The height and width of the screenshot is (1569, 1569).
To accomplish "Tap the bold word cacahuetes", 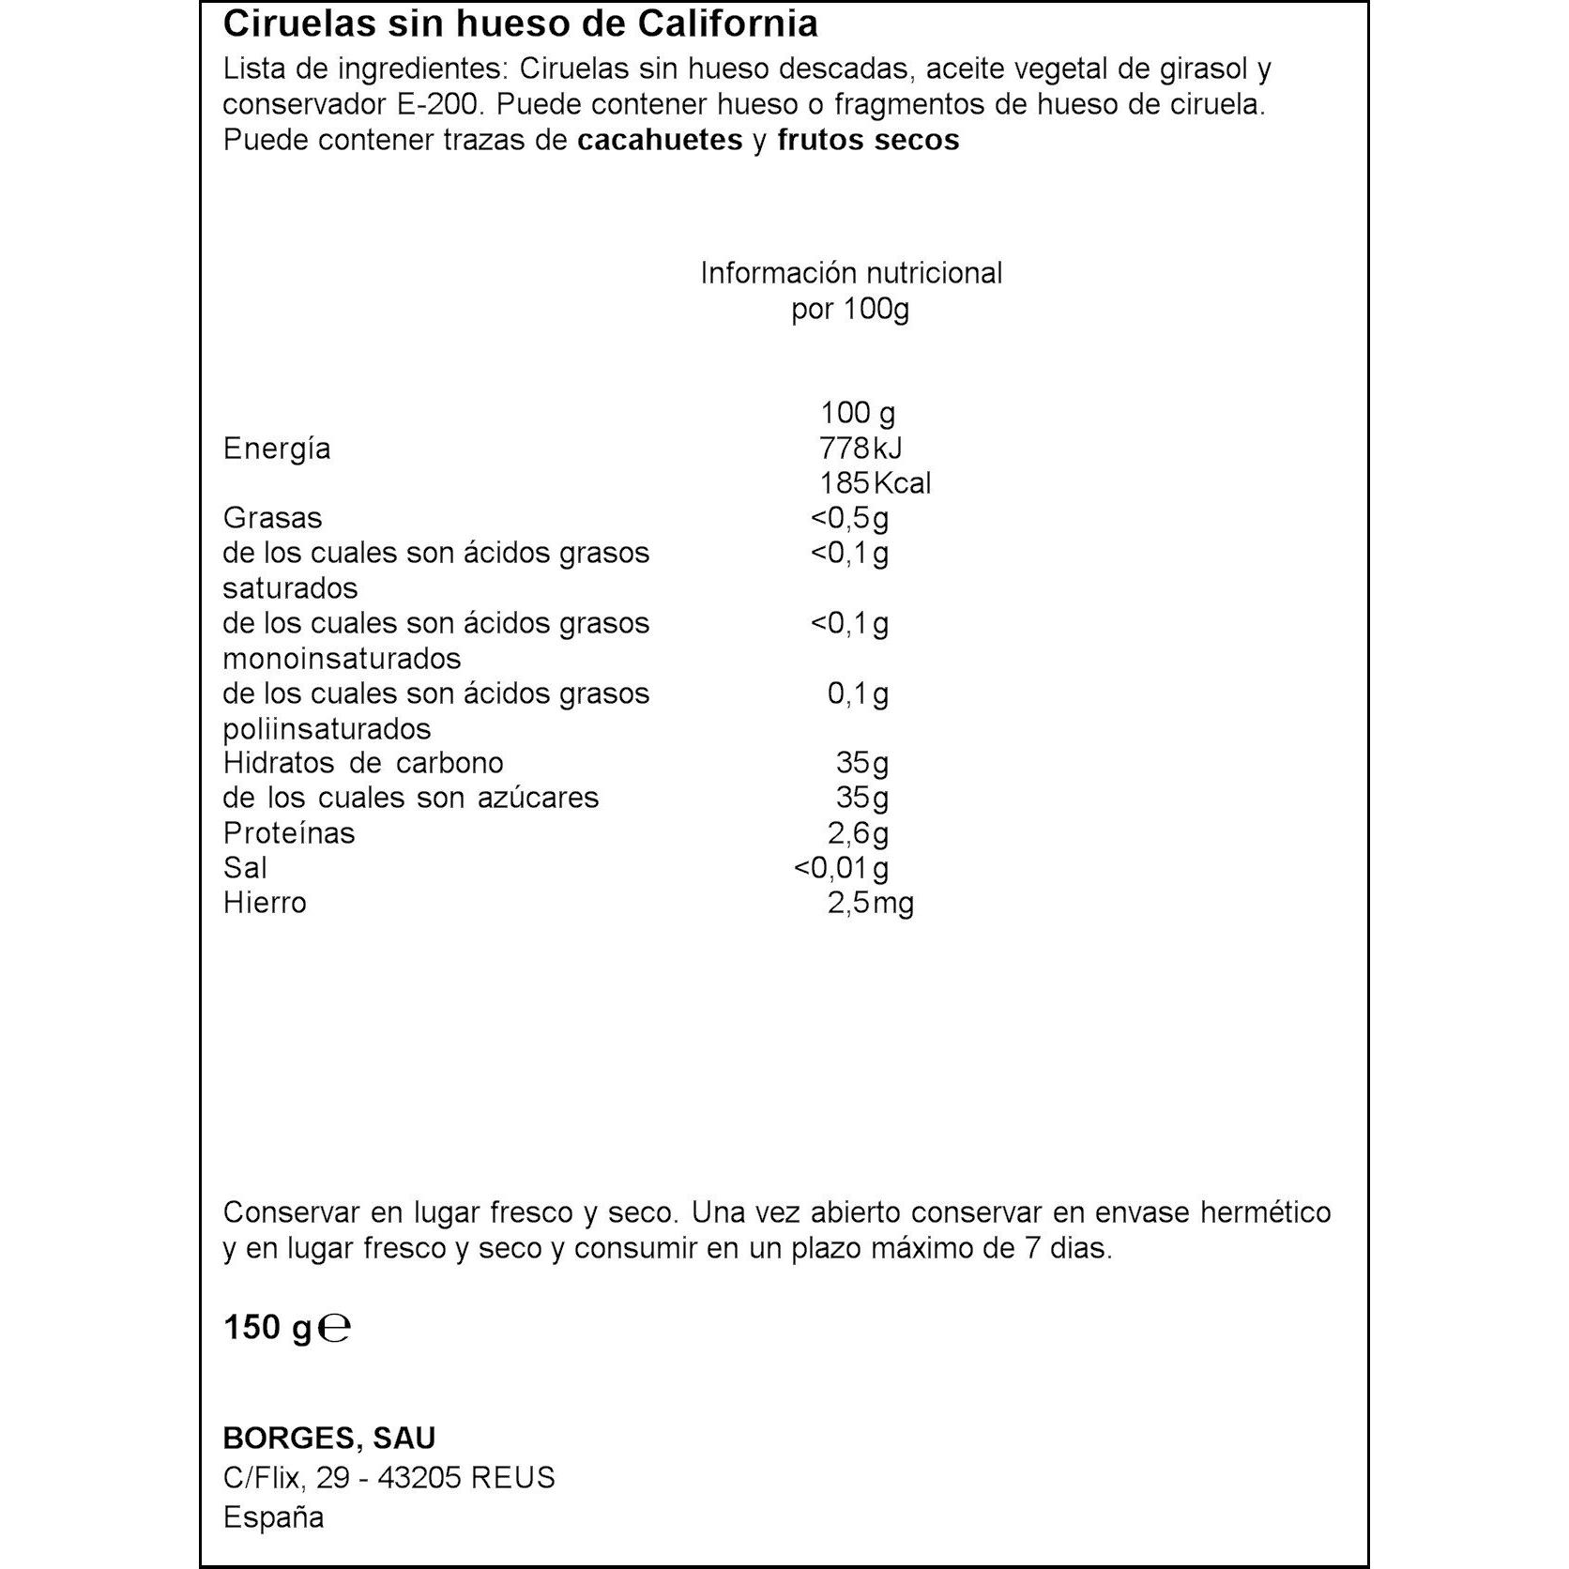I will coord(660,141).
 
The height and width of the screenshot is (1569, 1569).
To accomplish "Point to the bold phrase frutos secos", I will coord(868,141).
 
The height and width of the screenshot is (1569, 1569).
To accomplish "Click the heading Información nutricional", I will coord(851,273).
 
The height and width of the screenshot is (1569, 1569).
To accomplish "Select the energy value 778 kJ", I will coord(861,449).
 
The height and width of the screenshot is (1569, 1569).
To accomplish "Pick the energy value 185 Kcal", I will coord(875,483).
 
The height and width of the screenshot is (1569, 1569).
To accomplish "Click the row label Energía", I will coord(277,449).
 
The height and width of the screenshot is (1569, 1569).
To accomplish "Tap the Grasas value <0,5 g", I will coord(849,518).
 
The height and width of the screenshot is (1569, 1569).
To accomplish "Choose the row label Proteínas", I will coord(289,833).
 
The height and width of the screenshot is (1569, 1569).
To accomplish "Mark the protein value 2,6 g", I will coord(858,833).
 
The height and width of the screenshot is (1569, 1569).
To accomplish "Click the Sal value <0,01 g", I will coord(841,868).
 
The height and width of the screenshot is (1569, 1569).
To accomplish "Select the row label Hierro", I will coord(265,903).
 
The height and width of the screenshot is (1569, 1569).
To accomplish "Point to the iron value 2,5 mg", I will coord(870,903).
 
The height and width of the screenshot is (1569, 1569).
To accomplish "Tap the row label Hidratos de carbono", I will coord(363,763).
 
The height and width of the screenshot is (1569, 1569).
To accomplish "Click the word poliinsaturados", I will coord(327,729).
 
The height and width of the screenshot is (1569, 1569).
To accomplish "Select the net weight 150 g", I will coord(267,1328).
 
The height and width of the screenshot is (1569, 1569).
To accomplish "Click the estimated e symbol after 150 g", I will coord(334,1329).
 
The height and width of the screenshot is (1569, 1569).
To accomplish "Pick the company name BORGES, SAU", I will coord(329,1439).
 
